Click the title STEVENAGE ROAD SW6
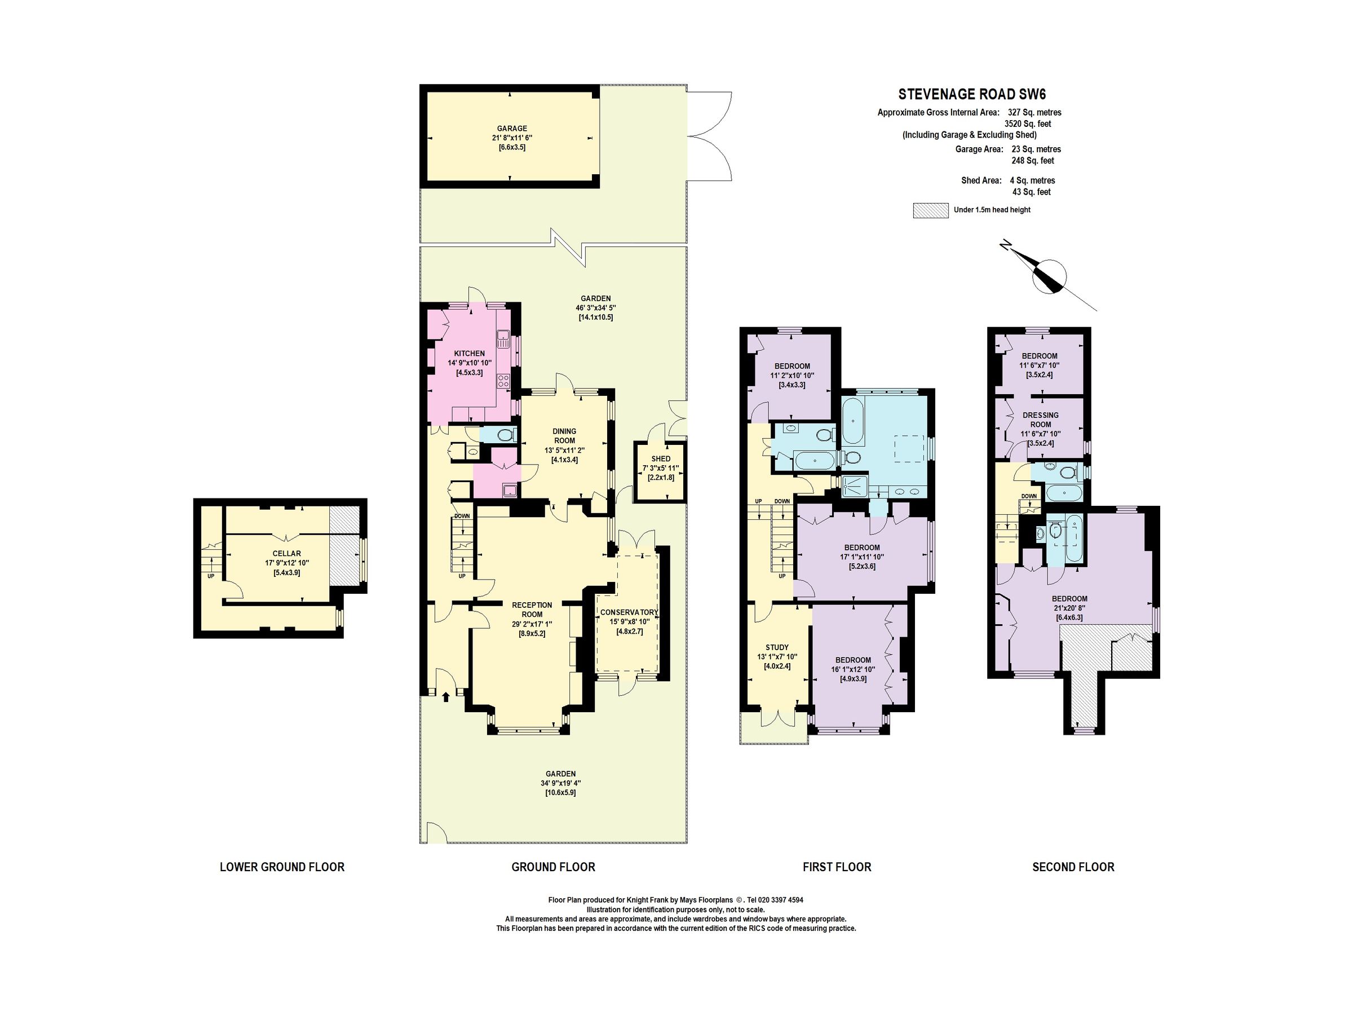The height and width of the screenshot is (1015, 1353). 971,94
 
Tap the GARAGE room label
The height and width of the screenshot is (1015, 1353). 511,129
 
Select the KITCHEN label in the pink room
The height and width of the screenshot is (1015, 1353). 469,354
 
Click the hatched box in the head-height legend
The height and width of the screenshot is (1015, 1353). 930,210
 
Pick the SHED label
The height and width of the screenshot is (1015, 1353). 661,458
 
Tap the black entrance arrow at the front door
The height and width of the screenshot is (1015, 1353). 445,696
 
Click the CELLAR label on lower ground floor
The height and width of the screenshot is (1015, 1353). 286,553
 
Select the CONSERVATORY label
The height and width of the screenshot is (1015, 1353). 629,612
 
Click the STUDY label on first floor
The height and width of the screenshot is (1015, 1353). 777,647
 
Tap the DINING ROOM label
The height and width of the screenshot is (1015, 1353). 564,436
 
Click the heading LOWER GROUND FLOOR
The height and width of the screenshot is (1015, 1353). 282,867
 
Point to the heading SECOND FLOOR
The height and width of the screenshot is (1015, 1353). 1073,867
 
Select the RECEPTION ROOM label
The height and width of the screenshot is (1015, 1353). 532,610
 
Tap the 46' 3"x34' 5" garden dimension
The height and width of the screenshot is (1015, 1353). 595,308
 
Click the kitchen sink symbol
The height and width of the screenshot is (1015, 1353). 503,336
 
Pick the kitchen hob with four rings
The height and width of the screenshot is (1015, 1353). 503,381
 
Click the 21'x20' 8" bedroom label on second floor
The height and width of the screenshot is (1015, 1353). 1069,608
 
